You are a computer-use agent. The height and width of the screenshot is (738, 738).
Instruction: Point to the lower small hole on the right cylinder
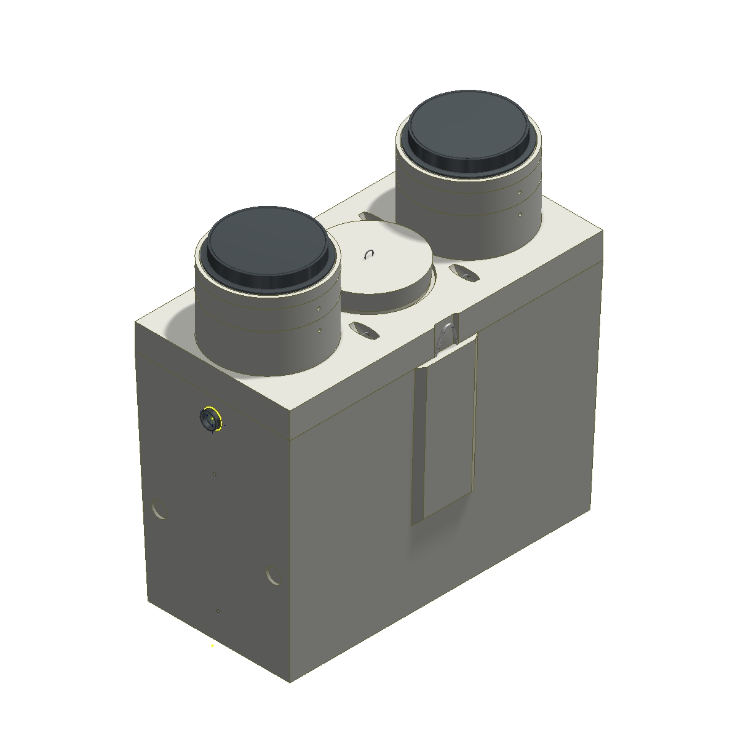tap(520, 215)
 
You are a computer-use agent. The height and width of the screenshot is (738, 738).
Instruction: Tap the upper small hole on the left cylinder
tap(319, 310)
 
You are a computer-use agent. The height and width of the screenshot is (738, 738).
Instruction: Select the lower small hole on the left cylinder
tap(320, 331)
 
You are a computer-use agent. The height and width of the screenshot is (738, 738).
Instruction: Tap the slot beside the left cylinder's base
tap(363, 330)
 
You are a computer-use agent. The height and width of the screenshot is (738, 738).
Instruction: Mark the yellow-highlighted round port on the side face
tap(209, 420)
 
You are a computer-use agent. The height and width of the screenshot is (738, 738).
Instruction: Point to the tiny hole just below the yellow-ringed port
tap(214, 474)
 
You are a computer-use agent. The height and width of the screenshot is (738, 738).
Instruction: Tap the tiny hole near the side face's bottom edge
tap(218, 611)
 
